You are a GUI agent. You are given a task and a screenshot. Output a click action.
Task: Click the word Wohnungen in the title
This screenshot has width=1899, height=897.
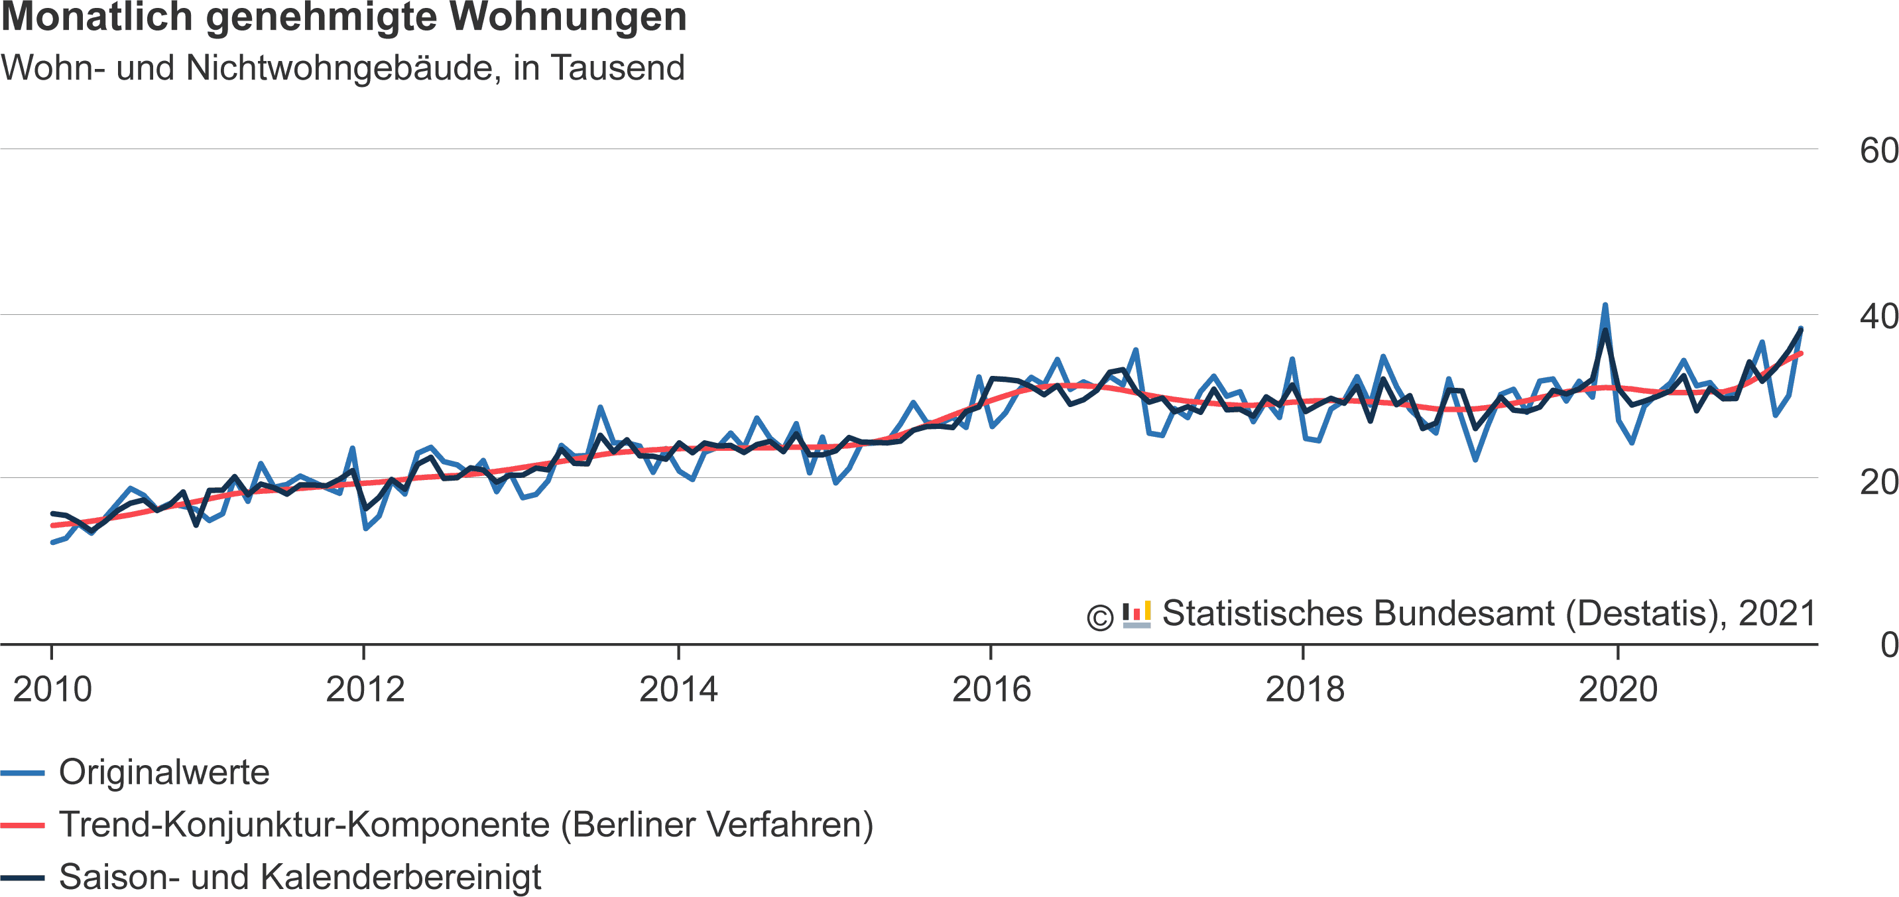(x=568, y=18)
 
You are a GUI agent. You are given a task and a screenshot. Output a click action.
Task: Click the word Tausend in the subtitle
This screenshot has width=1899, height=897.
(x=618, y=68)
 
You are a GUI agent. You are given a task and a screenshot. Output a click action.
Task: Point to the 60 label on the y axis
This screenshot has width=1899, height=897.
(x=1878, y=151)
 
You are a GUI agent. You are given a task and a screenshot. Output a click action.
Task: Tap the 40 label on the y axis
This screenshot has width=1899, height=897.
(x=1878, y=317)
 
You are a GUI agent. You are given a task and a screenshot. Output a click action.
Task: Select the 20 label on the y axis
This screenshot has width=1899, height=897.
(x=1878, y=483)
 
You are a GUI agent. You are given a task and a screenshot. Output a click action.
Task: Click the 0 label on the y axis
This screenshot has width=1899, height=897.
(x=1888, y=645)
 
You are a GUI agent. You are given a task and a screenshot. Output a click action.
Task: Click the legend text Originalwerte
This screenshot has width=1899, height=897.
(x=164, y=772)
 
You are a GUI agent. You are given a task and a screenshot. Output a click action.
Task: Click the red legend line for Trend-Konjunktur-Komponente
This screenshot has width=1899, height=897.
(x=22, y=825)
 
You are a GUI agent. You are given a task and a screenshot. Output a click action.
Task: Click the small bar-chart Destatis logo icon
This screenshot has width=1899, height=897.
(x=1136, y=615)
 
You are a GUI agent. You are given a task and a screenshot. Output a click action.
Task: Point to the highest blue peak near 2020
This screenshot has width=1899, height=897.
(x=1605, y=305)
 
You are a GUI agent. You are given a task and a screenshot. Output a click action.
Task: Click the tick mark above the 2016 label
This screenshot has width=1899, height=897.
(x=991, y=652)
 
